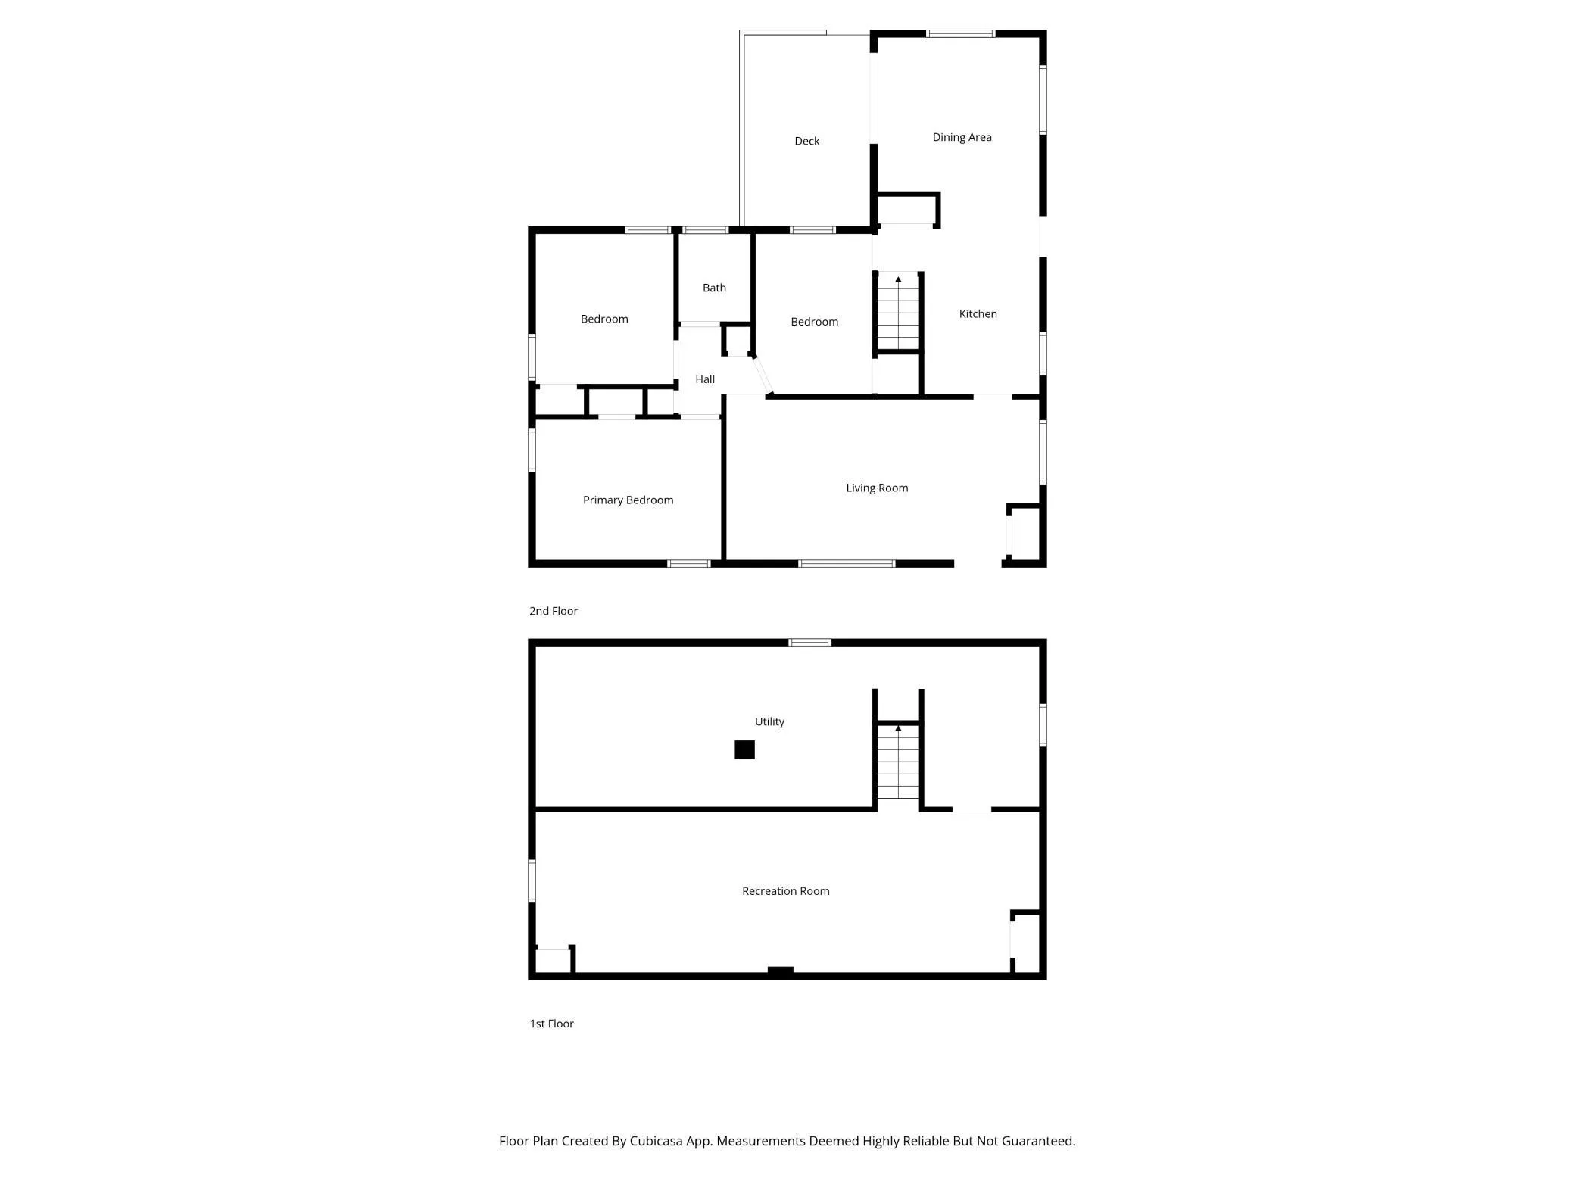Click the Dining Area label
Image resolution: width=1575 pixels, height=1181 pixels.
pos(962,137)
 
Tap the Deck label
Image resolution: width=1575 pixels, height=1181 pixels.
pos(806,141)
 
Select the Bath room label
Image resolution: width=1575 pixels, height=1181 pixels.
pos(714,288)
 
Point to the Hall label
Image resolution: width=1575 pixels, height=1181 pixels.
pos(705,379)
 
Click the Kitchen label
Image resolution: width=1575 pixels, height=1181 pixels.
pos(978,313)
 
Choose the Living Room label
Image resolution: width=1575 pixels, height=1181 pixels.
pos(877,488)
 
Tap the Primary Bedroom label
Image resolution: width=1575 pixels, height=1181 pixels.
pos(628,500)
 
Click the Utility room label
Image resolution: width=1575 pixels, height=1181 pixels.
pos(769,721)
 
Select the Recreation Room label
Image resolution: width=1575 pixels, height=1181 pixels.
pos(785,891)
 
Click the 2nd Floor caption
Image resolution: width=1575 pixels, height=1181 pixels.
pos(554,611)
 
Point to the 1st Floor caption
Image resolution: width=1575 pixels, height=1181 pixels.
pos(551,1024)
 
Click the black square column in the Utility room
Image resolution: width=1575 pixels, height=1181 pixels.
pos(744,749)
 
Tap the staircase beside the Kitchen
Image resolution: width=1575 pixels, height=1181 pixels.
pos(898,311)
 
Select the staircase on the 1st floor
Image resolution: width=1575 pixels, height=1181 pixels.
pos(898,761)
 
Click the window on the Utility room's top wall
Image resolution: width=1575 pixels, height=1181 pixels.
pos(809,643)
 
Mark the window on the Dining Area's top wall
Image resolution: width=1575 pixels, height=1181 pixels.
pos(960,33)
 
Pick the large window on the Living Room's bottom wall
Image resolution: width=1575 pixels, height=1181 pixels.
pos(847,563)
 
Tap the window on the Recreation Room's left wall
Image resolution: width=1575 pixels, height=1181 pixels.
pos(532,881)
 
